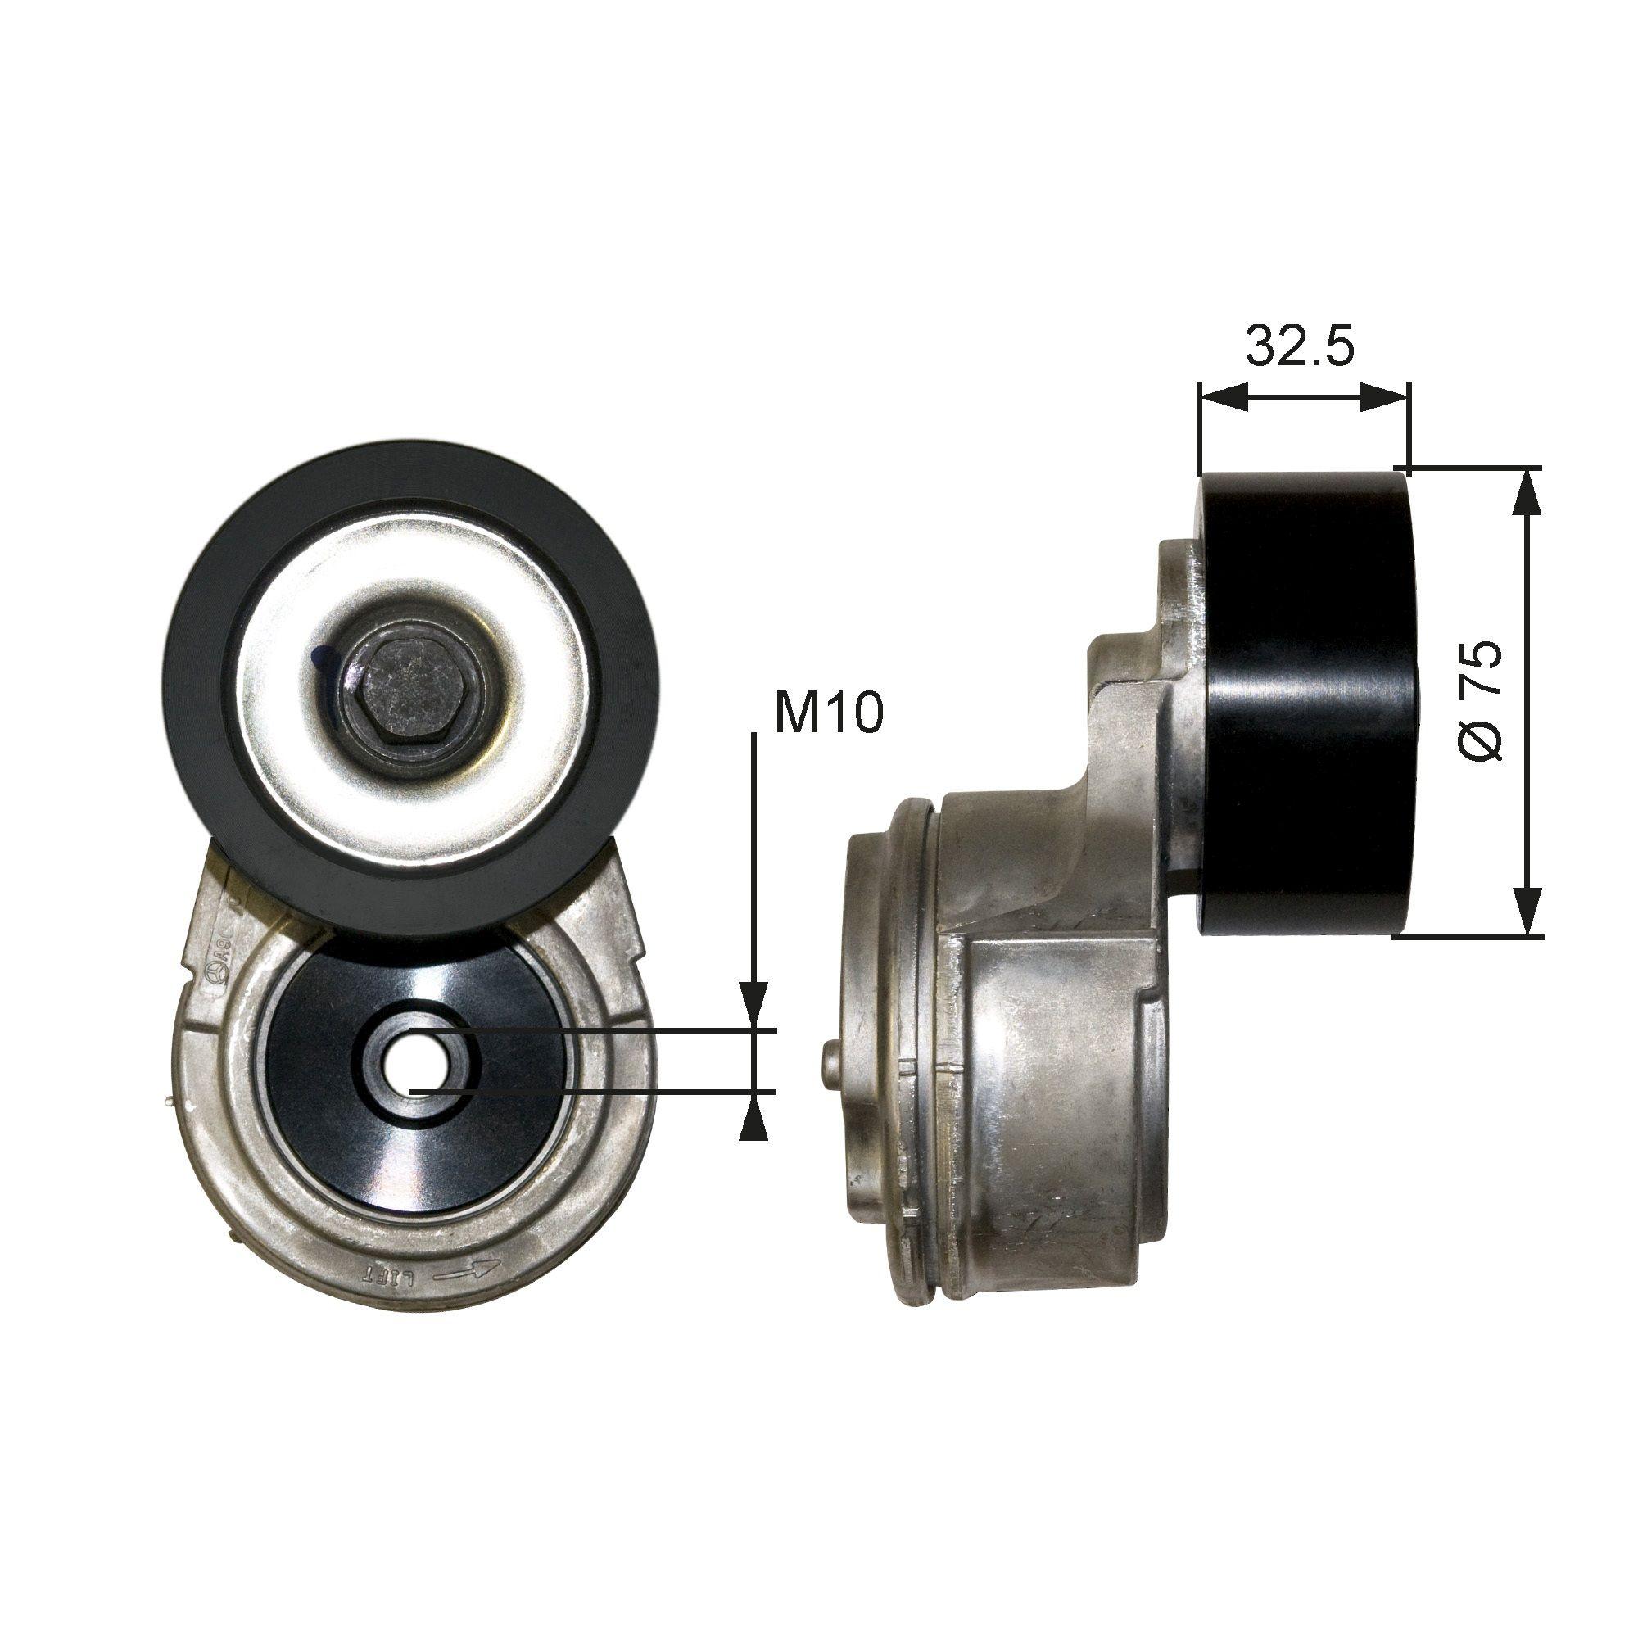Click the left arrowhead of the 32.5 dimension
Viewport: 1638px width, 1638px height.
(1224, 396)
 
